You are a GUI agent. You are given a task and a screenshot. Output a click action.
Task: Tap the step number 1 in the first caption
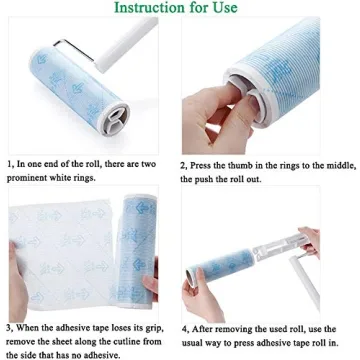click(x=8, y=163)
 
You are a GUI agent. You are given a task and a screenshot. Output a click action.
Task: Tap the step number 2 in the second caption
click(x=184, y=163)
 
